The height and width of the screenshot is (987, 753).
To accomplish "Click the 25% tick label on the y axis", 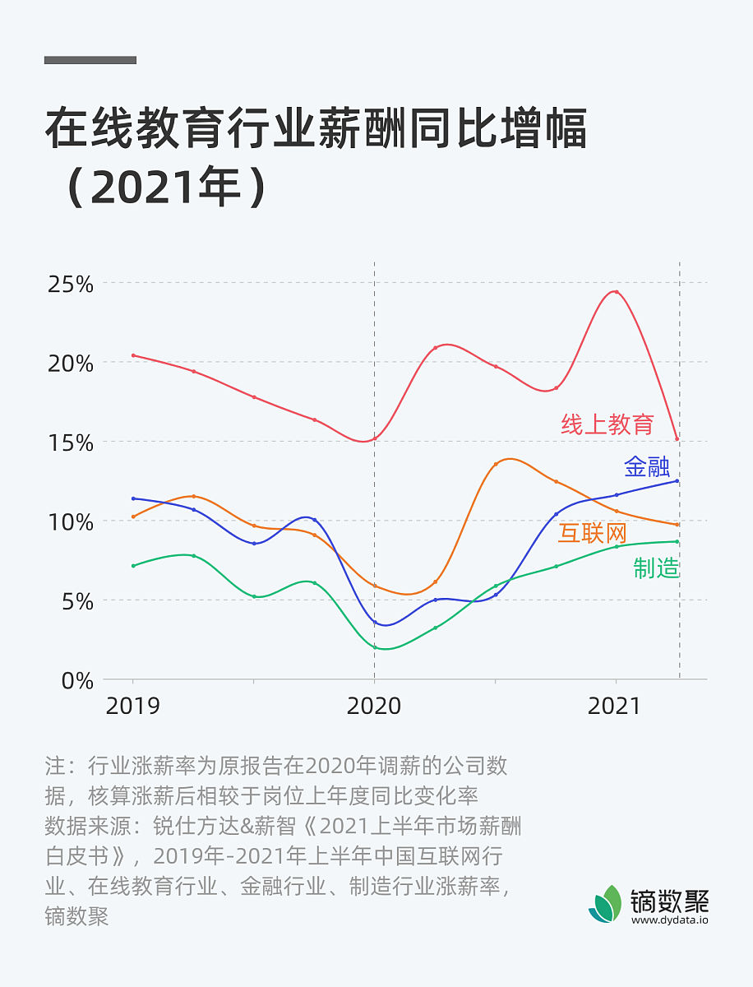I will (x=70, y=285).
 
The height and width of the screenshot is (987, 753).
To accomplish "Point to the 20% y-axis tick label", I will (x=70, y=364).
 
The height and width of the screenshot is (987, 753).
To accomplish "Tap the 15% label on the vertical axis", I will (x=70, y=443).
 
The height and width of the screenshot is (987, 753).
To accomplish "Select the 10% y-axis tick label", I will (x=70, y=522).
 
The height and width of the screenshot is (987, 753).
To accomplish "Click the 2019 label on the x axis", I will (x=133, y=707).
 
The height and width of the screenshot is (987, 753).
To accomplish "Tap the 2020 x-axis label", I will (x=374, y=707).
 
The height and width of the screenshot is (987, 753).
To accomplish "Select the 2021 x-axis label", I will (x=614, y=707).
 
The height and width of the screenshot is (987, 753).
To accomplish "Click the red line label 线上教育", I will (x=607, y=424).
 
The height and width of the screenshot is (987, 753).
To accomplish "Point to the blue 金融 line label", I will (x=647, y=467).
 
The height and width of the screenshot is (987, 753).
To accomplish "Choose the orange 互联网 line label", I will (x=593, y=533).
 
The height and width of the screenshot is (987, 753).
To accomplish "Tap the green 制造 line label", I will (x=656, y=568).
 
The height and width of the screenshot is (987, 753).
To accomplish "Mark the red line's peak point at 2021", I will (x=616, y=292).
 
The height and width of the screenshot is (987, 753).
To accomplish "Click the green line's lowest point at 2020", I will (x=375, y=647).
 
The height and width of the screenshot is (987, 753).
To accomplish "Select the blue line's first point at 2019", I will (x=133, y=498).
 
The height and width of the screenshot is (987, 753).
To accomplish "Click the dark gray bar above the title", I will (x=90, y=60).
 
